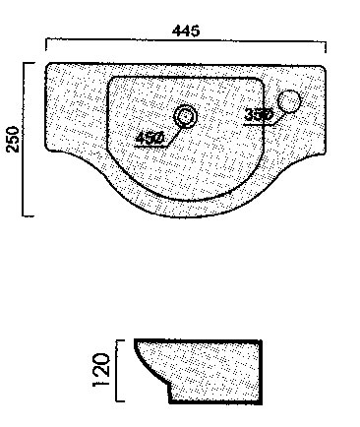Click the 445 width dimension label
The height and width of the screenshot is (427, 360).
pos(186,30)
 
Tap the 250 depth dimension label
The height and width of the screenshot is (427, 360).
pos(14,139)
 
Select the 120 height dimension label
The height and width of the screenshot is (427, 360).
pos(101,370)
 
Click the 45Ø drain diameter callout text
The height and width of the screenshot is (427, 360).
pos(150,138)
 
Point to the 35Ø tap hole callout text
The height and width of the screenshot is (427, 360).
pos(259,115)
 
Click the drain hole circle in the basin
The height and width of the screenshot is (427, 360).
pos(186,115)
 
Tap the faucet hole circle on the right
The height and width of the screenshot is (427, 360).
pos(289,101)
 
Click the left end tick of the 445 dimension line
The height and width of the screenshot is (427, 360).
pos(46,45)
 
